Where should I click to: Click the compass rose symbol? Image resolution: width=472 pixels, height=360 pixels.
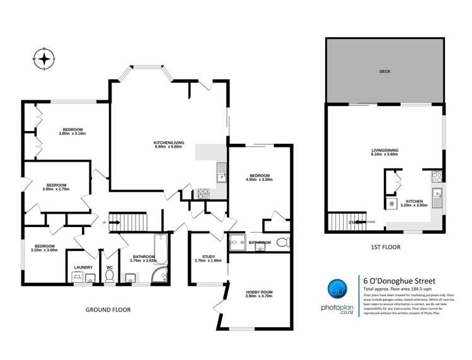[x=45, y=59]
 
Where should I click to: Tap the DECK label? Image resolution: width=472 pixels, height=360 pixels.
[x=385, y=71]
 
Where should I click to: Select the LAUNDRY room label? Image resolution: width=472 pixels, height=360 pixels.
[x=83, y=267]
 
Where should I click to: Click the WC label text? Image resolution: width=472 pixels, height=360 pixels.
[x=110, y=267]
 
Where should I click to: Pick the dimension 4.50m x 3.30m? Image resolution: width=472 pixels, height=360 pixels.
[x=259, y=180]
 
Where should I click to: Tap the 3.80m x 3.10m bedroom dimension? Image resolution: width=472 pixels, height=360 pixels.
[x=72, y=134]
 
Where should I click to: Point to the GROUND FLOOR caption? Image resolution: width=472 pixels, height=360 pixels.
[x=108, y=310]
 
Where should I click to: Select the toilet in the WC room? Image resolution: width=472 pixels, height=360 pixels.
[x=110, y=278]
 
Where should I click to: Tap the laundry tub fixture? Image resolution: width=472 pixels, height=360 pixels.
[x=83, y=279]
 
